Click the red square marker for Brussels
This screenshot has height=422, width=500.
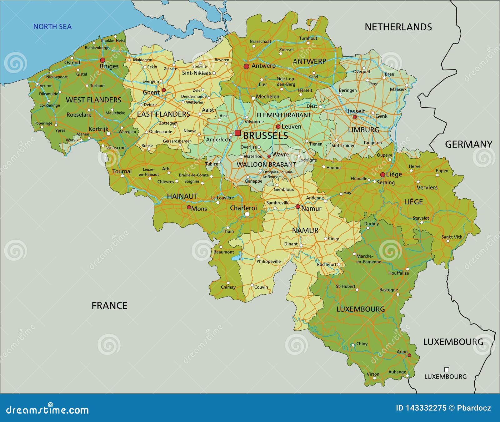click(237, 133)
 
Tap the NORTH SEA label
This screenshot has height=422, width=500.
click(52, 27)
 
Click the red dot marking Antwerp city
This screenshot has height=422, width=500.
click(246, 66)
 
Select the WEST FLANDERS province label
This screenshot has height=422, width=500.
click(93, 100)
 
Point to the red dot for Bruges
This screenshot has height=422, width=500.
click(102, 60)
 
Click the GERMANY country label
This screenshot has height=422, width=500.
click(468, 144)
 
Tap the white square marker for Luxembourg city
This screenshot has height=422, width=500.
click(447, 370)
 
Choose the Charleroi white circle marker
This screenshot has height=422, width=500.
click(247, 214)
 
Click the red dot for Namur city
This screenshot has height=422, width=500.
click(298, 207)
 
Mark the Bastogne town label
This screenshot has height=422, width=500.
click(388, 290)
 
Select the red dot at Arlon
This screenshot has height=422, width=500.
click(409, 355)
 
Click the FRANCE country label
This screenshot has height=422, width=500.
click(109, 306)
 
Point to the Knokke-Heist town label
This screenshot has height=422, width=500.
click(113, 41)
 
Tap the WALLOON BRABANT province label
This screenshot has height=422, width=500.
click(266, 165)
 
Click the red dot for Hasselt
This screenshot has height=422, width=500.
click(355, 117)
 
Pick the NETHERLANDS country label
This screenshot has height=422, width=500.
click(398, 27)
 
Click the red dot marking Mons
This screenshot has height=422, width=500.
click(189, 207)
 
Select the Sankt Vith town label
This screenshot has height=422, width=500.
click(452, 237)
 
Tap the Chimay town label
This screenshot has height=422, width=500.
click(228, 287)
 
